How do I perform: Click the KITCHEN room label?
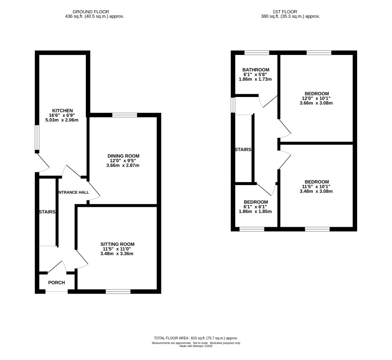(x=62, y=111)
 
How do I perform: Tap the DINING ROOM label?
(x=123, y=156)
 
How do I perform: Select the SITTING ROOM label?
(x=118, y=244)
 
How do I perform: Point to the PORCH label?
(x=57, y=283)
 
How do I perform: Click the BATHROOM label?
(x=256, y=70)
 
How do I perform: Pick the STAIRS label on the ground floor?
(x=47, y=212)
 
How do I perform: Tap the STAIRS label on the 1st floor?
(x=243, y=150)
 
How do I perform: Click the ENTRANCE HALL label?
(x=73, y=192)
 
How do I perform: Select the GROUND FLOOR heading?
(x=91, y=12)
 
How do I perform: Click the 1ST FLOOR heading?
(x=285, y=12)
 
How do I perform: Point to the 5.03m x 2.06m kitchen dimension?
(x=62, y=120)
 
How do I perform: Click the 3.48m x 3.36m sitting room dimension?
(x=117, y=254)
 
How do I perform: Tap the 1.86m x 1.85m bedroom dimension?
(x=255, y=211)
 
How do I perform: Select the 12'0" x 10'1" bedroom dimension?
(x=316, y=98)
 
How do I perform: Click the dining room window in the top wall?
(x=125, y=115)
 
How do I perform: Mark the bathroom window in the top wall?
(x=257, y=53)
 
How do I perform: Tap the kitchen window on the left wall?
(x=37, y=137)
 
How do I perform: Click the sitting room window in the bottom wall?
(x=118, y=291)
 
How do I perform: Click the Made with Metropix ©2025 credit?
(x=196, y=346)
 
